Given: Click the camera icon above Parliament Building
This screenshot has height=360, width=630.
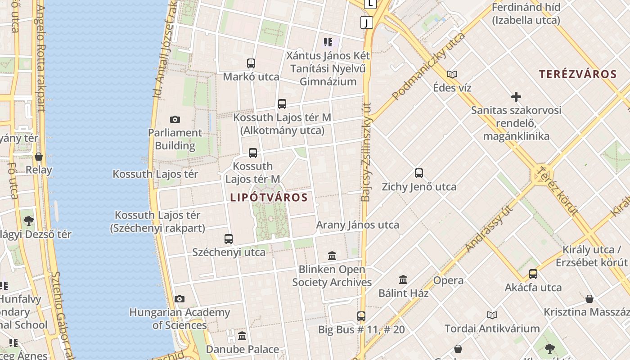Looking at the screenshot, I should [x=175, y=119].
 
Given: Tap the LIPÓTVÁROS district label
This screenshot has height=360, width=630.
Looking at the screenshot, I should [x=269, y=197].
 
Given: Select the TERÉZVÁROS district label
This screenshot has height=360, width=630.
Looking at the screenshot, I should [x=578, y=74].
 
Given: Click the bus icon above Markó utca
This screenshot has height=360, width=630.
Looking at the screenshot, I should [x=251, y=63].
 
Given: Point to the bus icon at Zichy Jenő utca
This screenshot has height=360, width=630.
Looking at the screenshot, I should [x=419, y=173].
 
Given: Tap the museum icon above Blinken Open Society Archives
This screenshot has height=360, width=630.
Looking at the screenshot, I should [x=332, y=256].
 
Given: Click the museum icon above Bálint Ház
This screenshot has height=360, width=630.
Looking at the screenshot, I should [x=403, y=280].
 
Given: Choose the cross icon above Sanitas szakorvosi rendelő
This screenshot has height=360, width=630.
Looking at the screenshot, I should [x=516, y=97].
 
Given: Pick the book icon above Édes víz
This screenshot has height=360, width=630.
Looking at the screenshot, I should [x=452, y=74].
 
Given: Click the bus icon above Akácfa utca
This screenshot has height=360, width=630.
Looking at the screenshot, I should [x=533, y=274].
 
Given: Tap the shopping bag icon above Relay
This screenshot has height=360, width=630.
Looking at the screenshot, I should [x=39, y=157].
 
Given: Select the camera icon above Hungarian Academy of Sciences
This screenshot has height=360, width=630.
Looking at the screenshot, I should [x=180, y=299].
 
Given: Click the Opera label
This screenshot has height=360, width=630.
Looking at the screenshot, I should [x=448, y=280].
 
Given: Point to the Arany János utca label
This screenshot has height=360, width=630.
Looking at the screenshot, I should [x=358, y=225].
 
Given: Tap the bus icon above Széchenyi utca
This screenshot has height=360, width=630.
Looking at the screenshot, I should [x=229, y=239].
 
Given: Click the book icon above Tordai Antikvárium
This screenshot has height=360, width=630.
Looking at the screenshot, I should [x=492, y=315].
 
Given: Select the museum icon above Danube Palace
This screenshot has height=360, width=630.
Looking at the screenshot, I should [x=243, y=336].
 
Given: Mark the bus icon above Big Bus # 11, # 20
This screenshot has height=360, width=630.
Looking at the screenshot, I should [x=361, y=316].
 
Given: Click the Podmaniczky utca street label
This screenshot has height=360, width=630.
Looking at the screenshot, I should [x=428, y=66].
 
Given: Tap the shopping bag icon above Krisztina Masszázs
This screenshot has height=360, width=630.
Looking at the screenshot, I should [x=589, y=298].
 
